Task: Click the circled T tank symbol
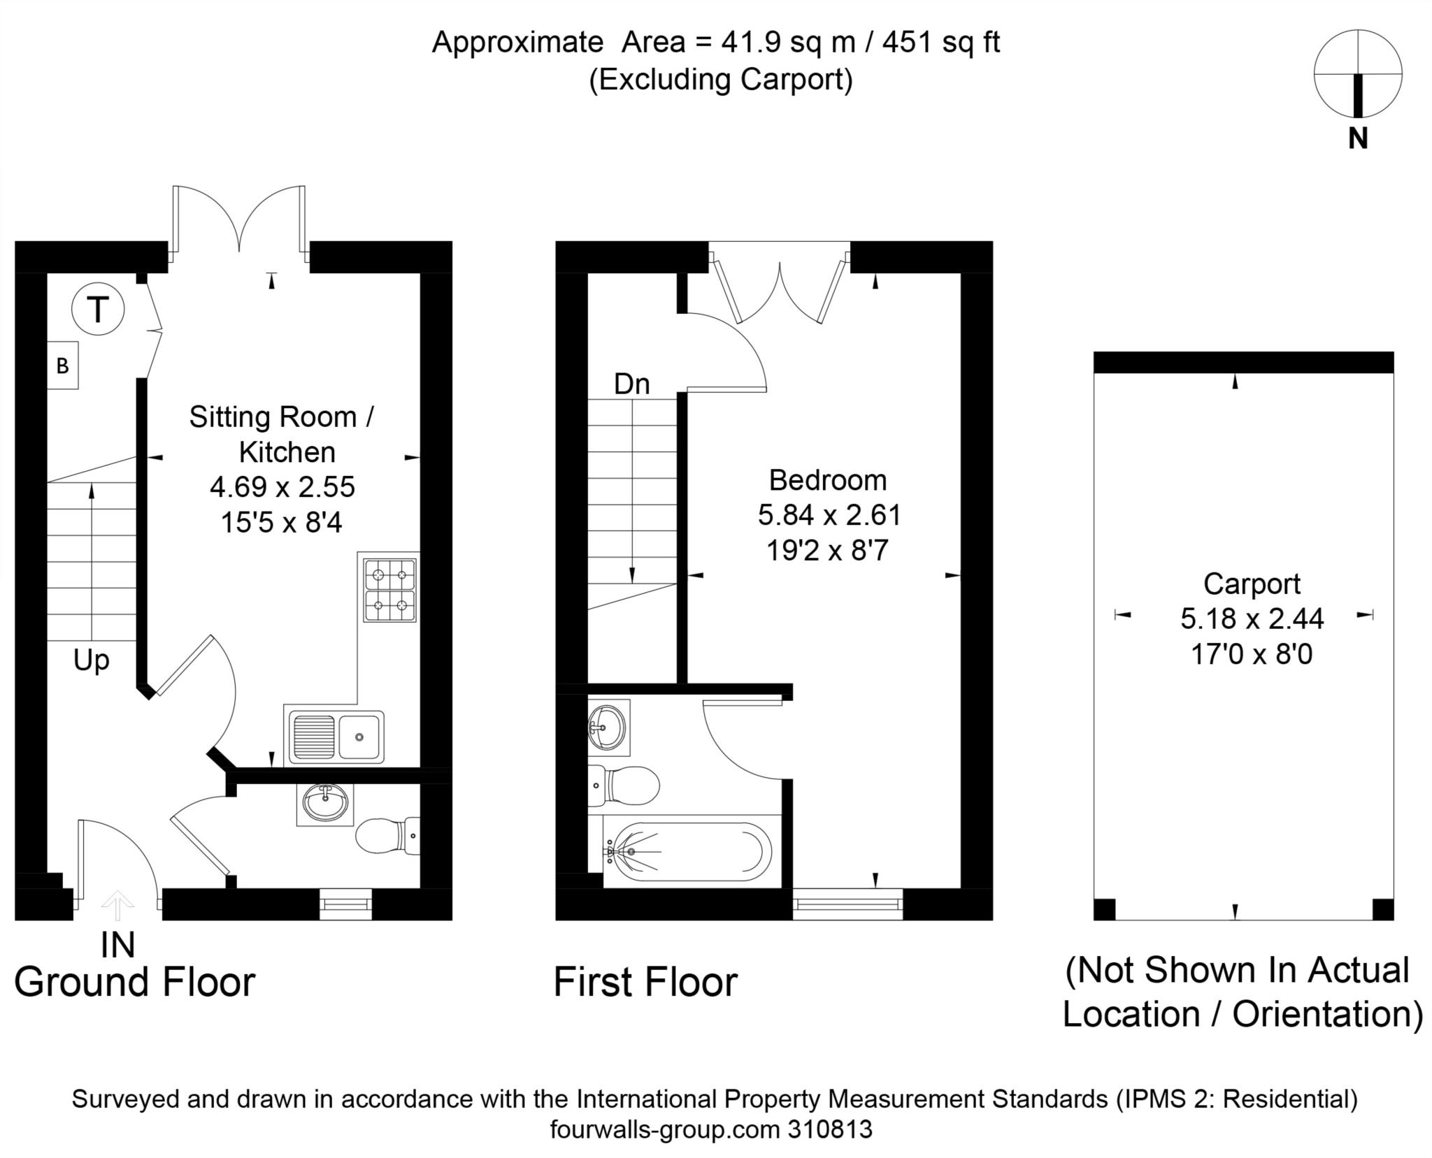98,308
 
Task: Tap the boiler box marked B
62,365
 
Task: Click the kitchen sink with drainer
334,736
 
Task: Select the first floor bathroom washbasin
609,727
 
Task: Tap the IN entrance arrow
117,906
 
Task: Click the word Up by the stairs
92,661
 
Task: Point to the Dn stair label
632,384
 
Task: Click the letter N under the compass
1358,139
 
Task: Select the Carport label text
1252,584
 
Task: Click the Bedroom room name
828,480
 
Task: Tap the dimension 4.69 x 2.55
282,487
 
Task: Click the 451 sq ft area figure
941,43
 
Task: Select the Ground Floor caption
135,982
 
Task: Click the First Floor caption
645,982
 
